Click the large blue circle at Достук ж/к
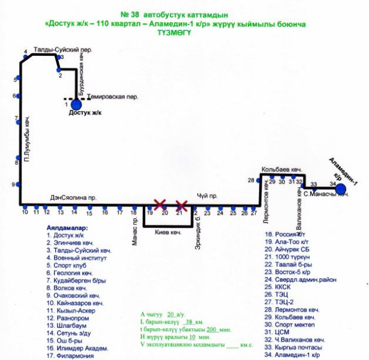(76, 104)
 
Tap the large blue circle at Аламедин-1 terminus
(340, 189)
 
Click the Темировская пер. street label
(112, 96)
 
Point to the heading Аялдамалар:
(67, 228)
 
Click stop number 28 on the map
(251, 180)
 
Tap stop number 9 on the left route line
(13, 184)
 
